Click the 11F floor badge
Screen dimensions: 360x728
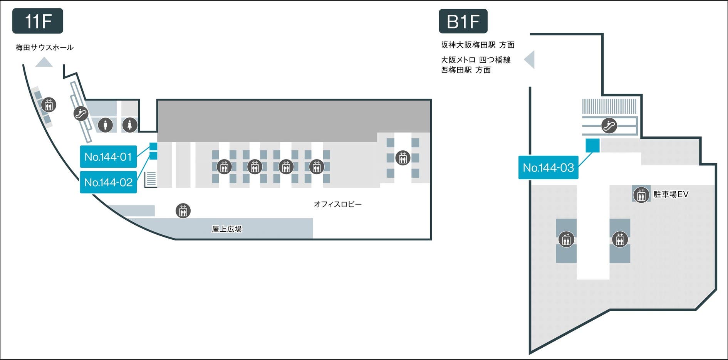click(38, 21)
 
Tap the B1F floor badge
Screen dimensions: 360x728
click(463, 21)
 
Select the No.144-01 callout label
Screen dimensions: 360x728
click(108, 156)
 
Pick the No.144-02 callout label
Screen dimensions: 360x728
click(108, 182)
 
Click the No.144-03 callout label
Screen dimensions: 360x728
click(548, 167)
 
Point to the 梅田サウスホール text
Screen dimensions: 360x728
click(44, 47)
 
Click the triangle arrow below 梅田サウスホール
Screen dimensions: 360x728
click(44, 62)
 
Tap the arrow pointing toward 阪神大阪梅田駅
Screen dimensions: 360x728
click(530, 60)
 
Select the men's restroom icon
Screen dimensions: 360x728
click(105, 125)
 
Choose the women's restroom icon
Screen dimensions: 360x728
click(130, 125)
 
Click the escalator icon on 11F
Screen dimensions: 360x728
click(81, 113)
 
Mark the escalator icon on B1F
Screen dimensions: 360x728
click(609, 125)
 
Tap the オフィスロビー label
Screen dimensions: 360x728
click(337, 204)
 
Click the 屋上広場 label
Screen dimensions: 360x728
click(226, 229)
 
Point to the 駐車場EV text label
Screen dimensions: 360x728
click(671, 194)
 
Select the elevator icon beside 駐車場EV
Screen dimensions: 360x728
click(641, 195)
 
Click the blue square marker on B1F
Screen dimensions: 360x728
click(592, 145)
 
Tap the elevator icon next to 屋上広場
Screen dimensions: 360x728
click(183, 211)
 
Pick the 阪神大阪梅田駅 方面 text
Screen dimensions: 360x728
click(478, 45)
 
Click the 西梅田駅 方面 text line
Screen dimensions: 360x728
click(466, 70)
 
